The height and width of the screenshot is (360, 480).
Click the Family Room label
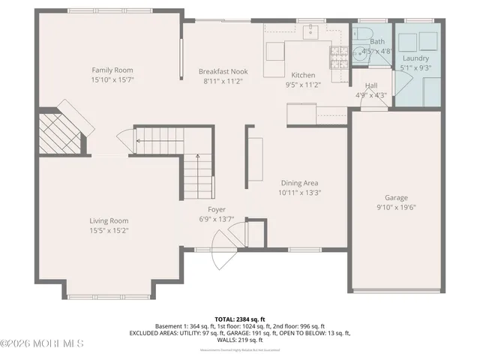click(x=112, y=70)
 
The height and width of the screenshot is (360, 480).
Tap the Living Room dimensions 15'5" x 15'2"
click(x=109, y=231)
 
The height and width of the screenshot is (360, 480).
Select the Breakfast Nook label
click(x=223, y=71)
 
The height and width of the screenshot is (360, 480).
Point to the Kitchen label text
click(x=303, y=75)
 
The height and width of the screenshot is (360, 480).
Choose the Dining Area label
click(x=299, y=183)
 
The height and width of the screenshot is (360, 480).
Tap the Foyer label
click(x=217, y=209)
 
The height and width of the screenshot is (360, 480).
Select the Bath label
click(x=376, y=42)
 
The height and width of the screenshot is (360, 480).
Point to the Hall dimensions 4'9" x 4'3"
click(x=370, y=95)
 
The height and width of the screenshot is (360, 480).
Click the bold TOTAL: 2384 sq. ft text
click(x=239, y=319)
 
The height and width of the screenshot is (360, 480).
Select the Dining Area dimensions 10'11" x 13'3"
click(x=299, y=193)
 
